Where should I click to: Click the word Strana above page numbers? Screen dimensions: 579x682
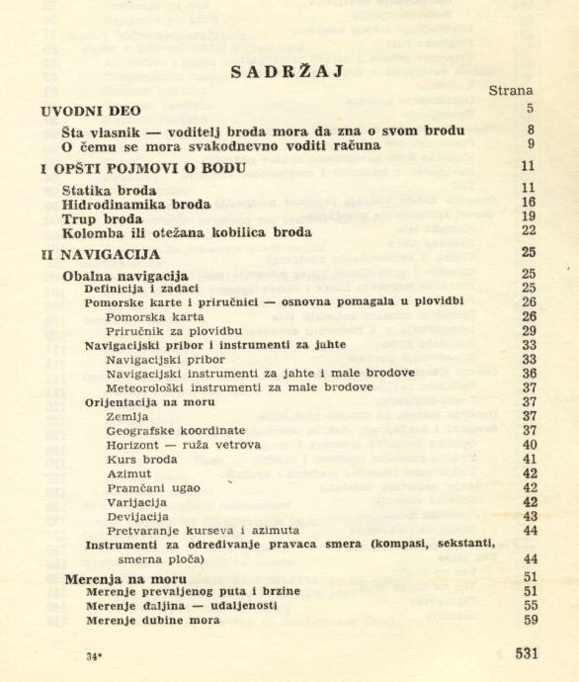tap(513, 90)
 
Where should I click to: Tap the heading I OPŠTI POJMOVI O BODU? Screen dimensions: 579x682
tap(138, 167)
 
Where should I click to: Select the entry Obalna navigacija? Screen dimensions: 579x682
tap(124, 274)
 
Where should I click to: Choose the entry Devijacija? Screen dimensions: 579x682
tap(136, 516)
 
